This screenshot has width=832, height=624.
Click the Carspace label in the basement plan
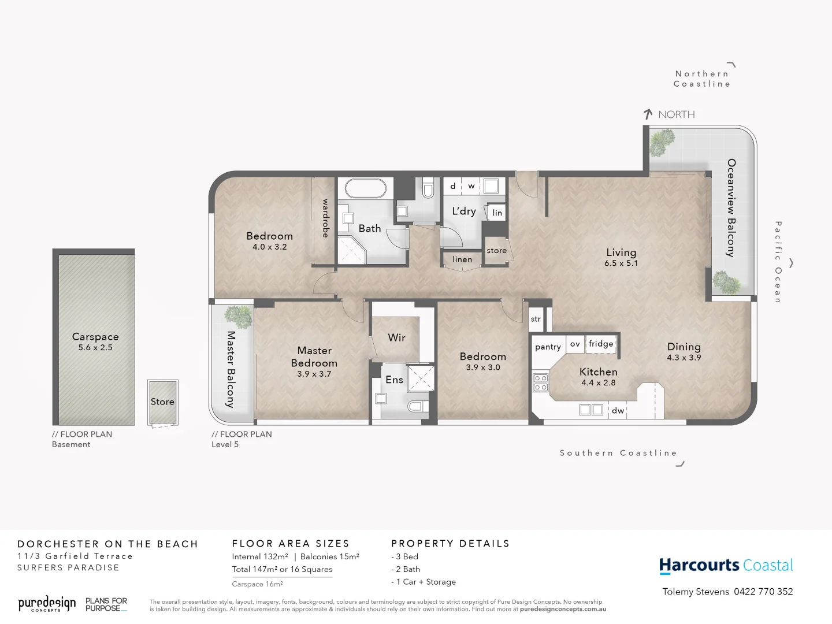coord(95,337)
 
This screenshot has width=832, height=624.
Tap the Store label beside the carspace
coord(162,402)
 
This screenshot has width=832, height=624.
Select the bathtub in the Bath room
coord(365,188)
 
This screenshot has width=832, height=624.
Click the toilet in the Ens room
coord(415,406)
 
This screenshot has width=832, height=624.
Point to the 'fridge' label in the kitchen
coord(601,344)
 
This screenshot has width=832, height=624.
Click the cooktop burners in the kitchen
coord(541,382)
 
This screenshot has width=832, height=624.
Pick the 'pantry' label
coord(548,347)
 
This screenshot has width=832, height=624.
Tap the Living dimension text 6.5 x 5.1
coord(621,263)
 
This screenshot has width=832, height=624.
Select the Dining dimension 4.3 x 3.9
coord(684,358)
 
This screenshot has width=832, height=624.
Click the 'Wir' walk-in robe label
coord(396,337)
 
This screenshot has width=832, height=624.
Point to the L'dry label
coord(464,211)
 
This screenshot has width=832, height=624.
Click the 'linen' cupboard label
coord(462,259)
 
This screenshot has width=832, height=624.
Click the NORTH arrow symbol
coord(648,114)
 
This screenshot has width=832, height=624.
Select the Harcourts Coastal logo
coord(726,565)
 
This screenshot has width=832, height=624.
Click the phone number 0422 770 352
coord(763,592)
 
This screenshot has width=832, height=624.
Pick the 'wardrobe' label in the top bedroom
coord(325,218)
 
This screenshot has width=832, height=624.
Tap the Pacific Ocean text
coord(778,262)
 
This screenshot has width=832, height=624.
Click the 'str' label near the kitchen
coord(536,319)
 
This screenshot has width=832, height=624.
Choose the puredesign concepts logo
coord(47,604)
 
